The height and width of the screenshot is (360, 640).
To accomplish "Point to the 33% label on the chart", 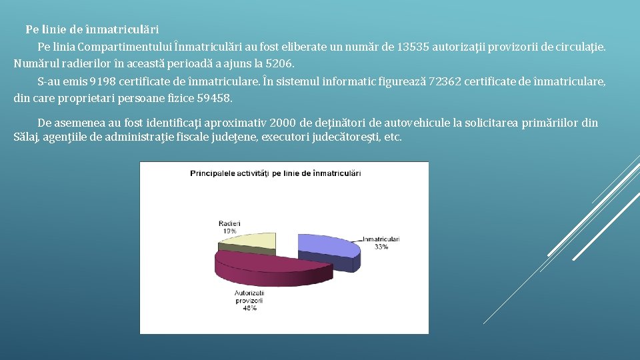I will point(381,247).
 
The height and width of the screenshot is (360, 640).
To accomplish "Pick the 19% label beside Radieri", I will point(229,230).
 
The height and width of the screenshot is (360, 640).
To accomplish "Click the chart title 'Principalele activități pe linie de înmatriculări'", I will point(275,173).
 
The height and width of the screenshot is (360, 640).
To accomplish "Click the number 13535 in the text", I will point(413,47).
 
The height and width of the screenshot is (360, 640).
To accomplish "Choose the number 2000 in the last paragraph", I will point(282,123).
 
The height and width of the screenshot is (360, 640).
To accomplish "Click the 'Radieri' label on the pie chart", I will point(229,223).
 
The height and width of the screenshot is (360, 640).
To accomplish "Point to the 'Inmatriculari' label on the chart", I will point(381,239).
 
